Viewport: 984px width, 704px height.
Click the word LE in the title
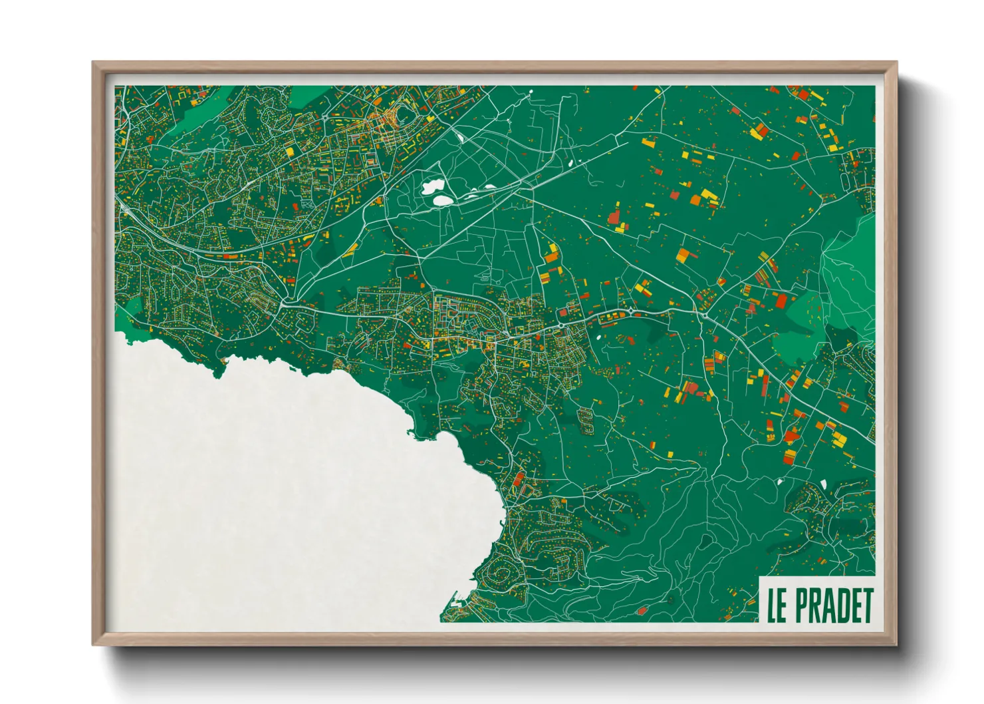coord(777,605)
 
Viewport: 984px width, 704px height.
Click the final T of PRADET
coord(867,605)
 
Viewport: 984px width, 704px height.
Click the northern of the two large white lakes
coord(431,186)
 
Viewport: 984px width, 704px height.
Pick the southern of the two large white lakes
coord(441,199)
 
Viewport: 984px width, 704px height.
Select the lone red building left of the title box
coord(642,610)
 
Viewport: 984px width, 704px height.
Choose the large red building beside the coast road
coord(519,478)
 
